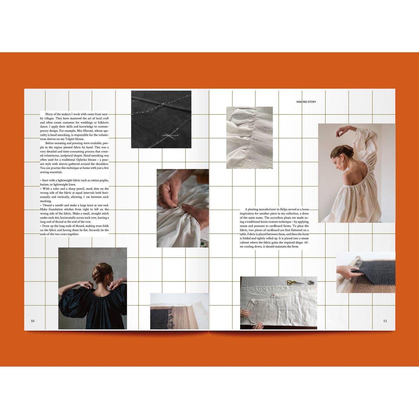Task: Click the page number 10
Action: coord(32,321)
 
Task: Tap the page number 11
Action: coord(385,321)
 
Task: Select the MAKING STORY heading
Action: coord(306,102)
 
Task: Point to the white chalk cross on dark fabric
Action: coord(170,136)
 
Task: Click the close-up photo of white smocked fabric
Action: coord(249,138)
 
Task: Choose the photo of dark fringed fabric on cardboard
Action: coord(179,311)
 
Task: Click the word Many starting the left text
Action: coord(49,114)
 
